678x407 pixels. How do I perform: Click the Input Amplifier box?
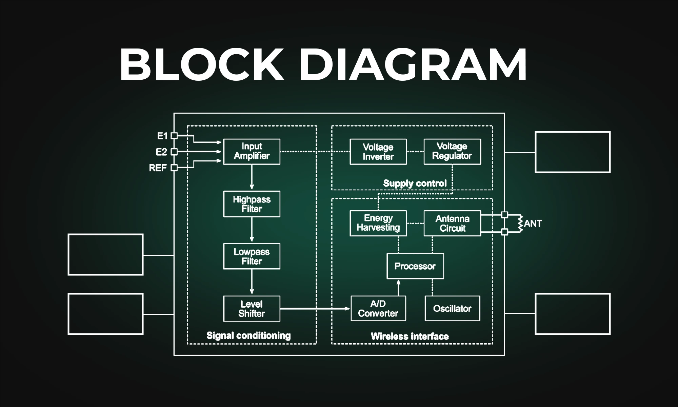coord(252,152)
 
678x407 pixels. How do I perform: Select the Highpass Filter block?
coord(252,204)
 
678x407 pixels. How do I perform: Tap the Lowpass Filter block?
coord(252,256)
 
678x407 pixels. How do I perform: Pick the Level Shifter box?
coord(252,309)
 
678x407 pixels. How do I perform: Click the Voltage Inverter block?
coord(378,152)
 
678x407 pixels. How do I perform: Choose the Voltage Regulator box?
coord(452,152)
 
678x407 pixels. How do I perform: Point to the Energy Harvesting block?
coord(378,223)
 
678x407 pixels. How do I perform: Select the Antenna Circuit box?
coord(452,223)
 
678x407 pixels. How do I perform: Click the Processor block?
coord(415,266)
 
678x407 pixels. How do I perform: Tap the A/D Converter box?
coord(378,308)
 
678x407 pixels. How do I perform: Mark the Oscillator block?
coord(452,308)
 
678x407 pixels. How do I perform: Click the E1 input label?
coord(162,136)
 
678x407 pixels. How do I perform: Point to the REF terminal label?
coord(158,168)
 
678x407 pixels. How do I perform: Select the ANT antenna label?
coord(533,224)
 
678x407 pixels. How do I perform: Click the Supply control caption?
coord(415,183)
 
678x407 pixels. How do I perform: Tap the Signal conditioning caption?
coord(248,336)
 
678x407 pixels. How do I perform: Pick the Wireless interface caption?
coord(410,336)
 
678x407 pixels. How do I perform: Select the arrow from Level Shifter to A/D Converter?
coord(315,309)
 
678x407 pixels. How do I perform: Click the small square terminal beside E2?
coord(174,152)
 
